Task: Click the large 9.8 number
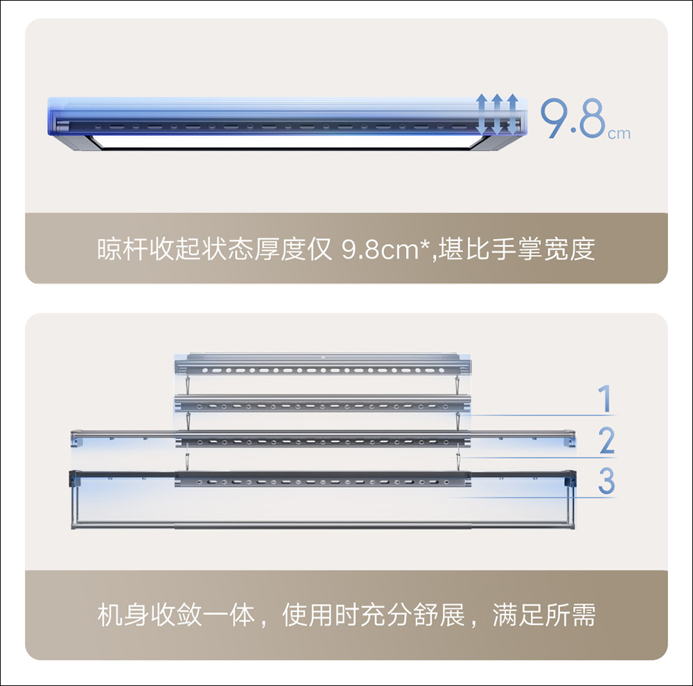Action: click(573, 118)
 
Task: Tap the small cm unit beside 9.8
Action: click(619, 134)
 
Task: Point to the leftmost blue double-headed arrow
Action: click(482, 114)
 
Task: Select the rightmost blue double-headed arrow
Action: click(512, 114)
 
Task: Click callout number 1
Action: click(605, 398)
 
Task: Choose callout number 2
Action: click(607, 440)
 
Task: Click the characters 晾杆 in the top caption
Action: click(123, 249)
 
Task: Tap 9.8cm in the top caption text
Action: click(380, 249)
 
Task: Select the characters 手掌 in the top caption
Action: click(516, 249)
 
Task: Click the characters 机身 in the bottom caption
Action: click(123, 615)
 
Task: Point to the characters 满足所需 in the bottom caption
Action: click(544, 615)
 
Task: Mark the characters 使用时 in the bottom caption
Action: click(321, 615)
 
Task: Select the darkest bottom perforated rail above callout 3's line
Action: click(323, 479)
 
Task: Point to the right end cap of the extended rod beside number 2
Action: click(572, 438)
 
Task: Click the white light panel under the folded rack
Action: click(283, 142)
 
